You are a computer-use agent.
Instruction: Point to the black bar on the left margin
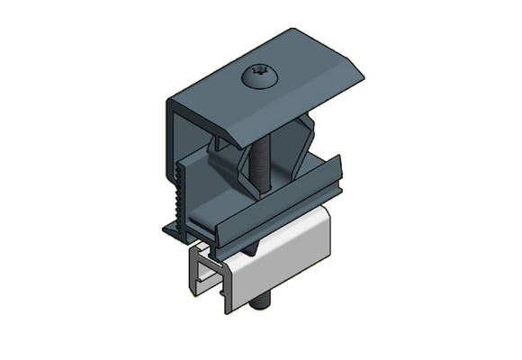point(40,180)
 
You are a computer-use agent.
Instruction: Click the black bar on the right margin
point(481,180)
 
